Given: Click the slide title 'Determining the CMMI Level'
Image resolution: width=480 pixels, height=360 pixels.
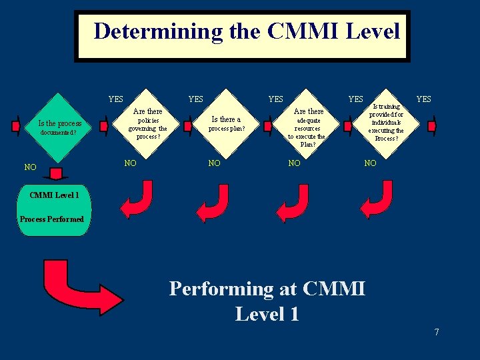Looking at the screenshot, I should (246, 31).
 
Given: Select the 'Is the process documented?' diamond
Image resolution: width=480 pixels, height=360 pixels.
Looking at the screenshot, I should (60, 127).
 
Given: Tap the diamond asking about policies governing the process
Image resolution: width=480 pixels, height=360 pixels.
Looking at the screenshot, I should (147, 123).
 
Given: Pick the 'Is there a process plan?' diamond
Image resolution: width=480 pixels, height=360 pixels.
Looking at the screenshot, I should (226, 123).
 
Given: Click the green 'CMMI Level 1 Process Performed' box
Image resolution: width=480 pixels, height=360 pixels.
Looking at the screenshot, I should (53, 209).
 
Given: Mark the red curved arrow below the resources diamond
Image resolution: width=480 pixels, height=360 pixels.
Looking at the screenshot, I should (293, 202).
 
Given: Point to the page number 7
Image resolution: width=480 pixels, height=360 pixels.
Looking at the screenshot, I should (437, 331).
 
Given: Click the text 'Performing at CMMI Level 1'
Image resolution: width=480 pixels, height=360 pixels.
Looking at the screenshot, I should (267, 300).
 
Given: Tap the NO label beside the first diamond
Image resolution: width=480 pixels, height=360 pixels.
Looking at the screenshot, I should (31, 167).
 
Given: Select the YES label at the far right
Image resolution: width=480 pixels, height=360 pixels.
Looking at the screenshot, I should (423, 99).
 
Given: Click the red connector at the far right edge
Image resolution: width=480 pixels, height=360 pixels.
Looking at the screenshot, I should (431, 125).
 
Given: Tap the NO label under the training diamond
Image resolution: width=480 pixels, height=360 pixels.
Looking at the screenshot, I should (370, 163).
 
